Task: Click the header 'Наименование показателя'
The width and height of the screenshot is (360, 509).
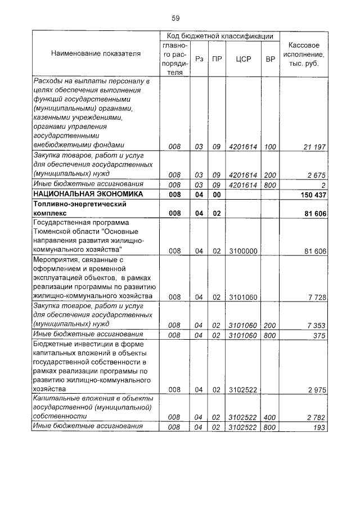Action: coord(96,54)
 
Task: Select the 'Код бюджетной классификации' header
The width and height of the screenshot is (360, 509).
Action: coord(216,35)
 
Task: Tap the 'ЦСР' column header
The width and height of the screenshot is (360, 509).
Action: coord(243,58)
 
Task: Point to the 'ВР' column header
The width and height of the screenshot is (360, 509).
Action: coord(271,58)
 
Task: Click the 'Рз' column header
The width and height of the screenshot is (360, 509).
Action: coord(199,58)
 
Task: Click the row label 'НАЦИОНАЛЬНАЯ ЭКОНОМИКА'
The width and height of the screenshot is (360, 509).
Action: coord(80,194)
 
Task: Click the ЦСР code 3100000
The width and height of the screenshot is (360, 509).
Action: coord(243,251)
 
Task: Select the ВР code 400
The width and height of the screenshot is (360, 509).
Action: coord(270,417)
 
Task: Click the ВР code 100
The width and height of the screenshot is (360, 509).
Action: coord(270,147)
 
